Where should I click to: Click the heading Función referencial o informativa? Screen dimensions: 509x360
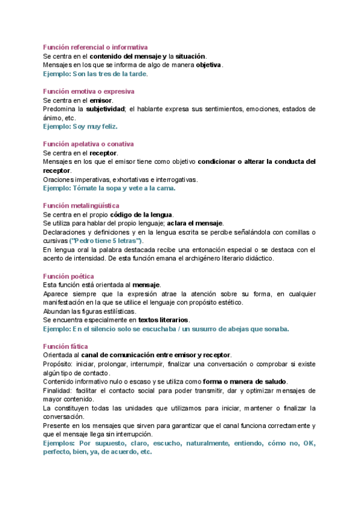click(x=95, y=47)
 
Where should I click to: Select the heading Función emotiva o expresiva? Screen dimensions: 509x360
click(x=88, y=91)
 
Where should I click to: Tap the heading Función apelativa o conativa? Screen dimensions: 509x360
click(x=88, y=144)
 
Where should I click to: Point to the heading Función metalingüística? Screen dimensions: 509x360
click(x=81, y=205)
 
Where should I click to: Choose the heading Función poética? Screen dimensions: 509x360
click(x=69, y=276)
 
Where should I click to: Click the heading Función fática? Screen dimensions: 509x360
click(x=66, y=346)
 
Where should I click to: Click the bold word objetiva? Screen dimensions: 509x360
click(x=209, y=65)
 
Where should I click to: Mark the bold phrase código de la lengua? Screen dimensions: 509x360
click(x=142, y=214)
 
